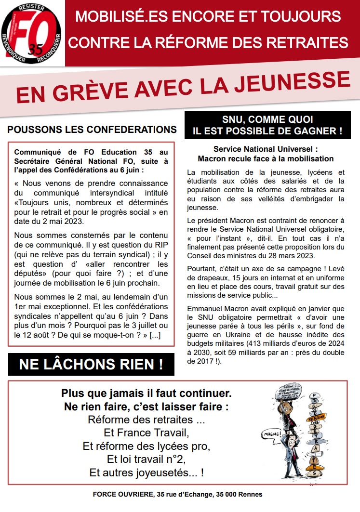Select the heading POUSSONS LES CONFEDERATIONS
coord(92,130)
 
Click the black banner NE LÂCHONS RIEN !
coord(91,365)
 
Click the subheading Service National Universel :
coord(266,149)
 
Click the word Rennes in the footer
coord(251,494)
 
